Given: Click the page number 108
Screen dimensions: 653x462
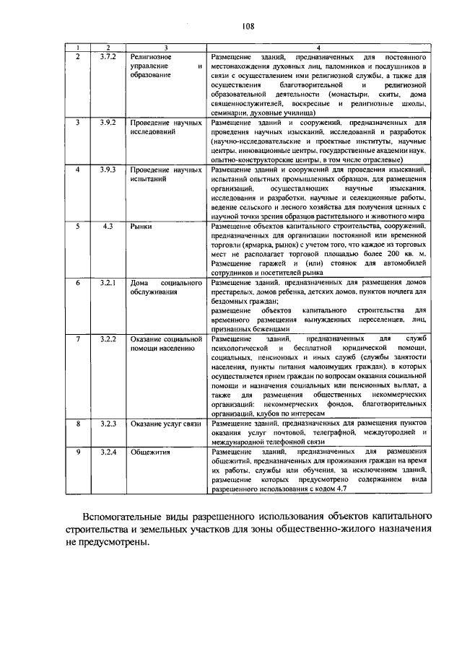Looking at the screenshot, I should coord(248,27).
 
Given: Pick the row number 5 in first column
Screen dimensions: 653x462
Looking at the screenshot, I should coord(77,226).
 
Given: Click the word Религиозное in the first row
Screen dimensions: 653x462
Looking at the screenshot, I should coord(150,56).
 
